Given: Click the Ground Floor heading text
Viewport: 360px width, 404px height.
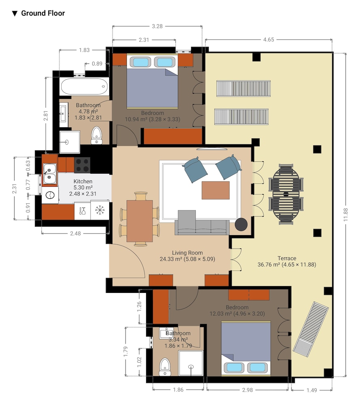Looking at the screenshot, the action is pyautogui.click(x=43, y=13).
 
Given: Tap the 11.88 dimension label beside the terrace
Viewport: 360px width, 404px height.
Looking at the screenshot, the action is pyautogui.click(x=345, y=215).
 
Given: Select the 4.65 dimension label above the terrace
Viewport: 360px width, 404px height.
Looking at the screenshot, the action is pyautogui.click(x=269, y=40).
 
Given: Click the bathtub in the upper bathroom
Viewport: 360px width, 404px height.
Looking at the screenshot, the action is pyautogui.click(x=84, y=86).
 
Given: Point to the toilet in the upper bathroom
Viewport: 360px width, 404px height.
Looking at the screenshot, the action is pyautogui.click(x=96, y=135).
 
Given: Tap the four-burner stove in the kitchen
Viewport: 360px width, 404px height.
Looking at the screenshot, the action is pyautogui.click(x=82, y=165).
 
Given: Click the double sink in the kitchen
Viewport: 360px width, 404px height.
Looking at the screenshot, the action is pyautogui.click(x=49, y=173).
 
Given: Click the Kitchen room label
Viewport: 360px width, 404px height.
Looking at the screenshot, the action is pyautogui.click(x=83, y=181).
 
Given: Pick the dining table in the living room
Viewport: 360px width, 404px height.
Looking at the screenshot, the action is pyautogui.click(x=140, y=221).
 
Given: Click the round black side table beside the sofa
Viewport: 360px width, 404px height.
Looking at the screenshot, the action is pyautogui.click(x=241, y=224).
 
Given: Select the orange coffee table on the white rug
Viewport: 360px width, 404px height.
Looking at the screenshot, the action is pyautogui.click(x=216, y=190).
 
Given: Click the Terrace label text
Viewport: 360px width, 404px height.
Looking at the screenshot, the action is pyautogui.click(x=287, y=258).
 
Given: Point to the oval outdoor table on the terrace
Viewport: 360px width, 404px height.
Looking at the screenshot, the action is pyautogui.click(x=286, y=194).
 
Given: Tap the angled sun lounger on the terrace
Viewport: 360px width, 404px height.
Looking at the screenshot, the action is pyautogui.click(x=311, y=329).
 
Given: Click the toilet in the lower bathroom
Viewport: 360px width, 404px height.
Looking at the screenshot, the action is pyautogui.click(x=165, y=367).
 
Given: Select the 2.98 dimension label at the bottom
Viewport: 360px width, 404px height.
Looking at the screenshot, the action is pyautogui.click(x=247, y=390).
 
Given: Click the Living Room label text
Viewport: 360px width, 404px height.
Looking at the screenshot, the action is pyautogui.click(x=187, y=253).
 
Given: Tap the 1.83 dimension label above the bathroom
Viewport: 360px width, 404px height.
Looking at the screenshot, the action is pyautogui.click(x=84, y=50).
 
